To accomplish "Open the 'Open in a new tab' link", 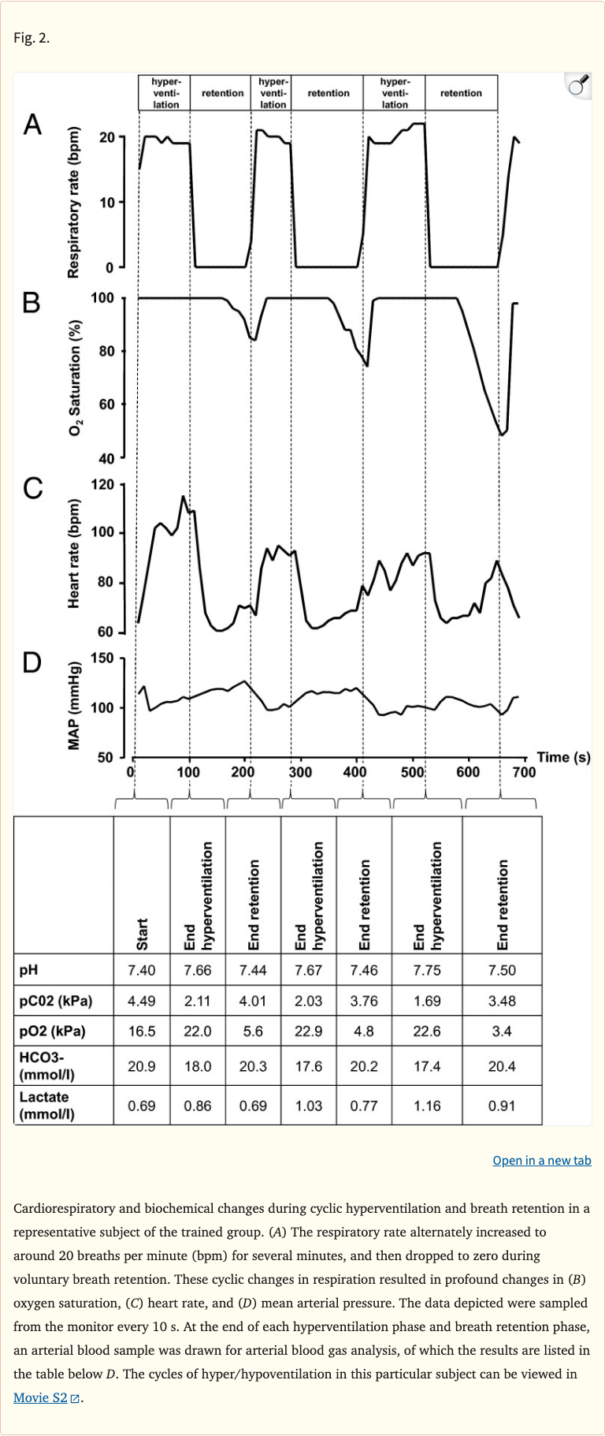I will [541, 1160].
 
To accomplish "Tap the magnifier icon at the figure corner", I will [578, 85].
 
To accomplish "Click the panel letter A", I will [32, 125].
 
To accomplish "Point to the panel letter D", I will [32, 662].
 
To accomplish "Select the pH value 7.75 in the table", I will [426, 970].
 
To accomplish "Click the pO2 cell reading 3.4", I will [502, 1031].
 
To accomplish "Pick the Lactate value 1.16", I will [426, 1106].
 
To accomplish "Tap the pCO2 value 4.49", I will [142, 1001].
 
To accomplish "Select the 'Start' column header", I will [142, 934].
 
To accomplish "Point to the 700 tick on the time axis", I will [524, 772].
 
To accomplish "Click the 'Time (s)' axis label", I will [563, 757].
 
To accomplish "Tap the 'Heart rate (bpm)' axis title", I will [74, 554].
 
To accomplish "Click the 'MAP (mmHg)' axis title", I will [74, 707].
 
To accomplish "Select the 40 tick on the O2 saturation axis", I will [106, 458].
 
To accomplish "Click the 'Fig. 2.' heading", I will [32, 38].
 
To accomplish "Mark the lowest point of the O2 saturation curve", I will [501, 435].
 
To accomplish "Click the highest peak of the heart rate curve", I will [184, 497].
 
